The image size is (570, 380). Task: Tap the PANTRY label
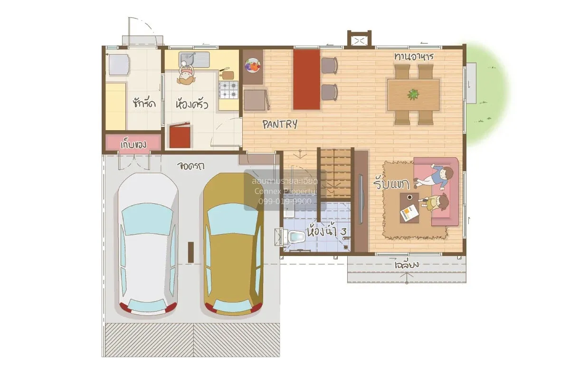[280, 124]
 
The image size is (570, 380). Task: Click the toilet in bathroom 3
[295, 236]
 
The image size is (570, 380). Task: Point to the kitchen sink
[195, 60]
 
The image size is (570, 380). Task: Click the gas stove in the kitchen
[228, 89]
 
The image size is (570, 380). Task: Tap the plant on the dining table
[413, 94]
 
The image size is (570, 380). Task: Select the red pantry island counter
[306, 79]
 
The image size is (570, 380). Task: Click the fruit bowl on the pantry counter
[252, 66]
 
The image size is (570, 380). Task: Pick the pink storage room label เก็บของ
[133, 143]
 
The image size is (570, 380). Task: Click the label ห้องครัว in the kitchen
[191, 104]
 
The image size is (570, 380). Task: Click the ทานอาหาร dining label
[414, 57]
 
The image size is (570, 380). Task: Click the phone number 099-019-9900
[285, 201]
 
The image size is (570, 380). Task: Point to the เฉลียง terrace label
[407, 265]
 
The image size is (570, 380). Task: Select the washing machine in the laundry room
[119, 65]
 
